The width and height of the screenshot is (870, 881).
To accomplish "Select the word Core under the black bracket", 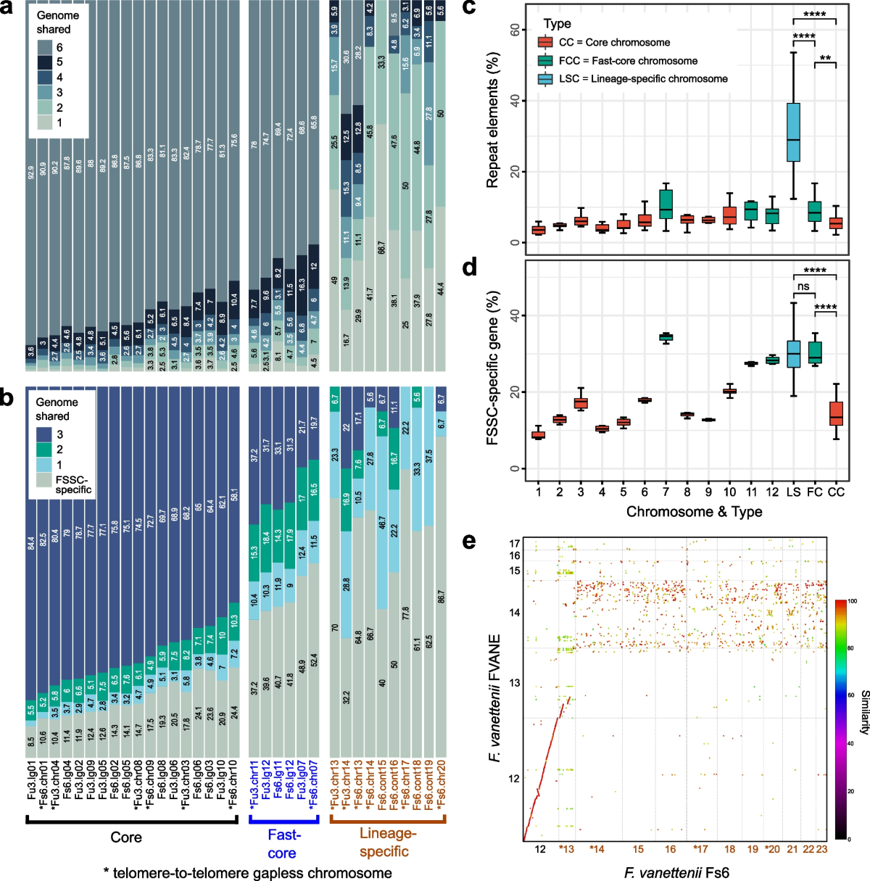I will pyautogui.click(x=126, y=837).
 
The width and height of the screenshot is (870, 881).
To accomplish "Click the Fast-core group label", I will pyautogui.click(x=283, y=844).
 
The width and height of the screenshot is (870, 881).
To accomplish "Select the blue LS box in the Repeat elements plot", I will pyautogui.click(x=794, y=132).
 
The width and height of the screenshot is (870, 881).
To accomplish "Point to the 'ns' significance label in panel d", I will pyautogui.click(x=803, y=286).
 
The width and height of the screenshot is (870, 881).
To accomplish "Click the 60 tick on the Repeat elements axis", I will pyautogui.click(x=515, y=30).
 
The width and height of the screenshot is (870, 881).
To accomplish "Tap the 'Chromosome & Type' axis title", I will pyautogui.click(x=694, y=512).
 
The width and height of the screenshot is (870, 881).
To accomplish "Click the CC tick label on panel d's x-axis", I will pyautogui.click(x=836, y=492).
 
